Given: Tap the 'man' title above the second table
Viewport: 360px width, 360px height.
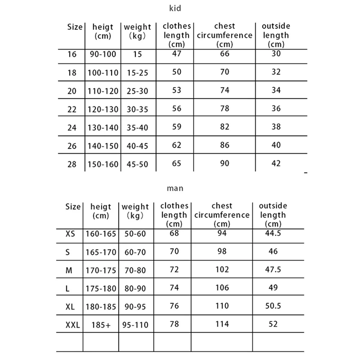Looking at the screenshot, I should click(175, 188).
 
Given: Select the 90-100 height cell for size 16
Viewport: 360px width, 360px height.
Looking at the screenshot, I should click(103, 54).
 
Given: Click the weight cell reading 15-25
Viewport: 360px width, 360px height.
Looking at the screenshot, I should click(138, 73).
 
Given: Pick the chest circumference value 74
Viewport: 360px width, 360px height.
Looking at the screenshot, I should click(225, 90).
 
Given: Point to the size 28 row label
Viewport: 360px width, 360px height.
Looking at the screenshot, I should click(72, 164).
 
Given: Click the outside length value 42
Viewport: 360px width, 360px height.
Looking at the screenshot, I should click(276, 163).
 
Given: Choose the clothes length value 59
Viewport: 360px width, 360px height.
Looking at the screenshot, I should click(176, 127).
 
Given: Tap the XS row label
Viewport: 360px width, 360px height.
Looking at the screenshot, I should click(71, 234).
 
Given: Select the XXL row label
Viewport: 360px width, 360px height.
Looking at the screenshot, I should click(72, 325).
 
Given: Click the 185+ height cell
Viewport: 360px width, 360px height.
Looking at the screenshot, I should click(101, 325).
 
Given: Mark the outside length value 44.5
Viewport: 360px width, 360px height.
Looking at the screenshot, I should click(273, 233).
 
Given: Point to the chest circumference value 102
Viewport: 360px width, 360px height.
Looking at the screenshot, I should click(222, 270).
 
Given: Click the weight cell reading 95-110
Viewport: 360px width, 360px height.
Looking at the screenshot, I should click(135, 325).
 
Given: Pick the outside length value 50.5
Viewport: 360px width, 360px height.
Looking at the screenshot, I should click(273, 306).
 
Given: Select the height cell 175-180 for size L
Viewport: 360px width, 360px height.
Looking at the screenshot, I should click(101, 288).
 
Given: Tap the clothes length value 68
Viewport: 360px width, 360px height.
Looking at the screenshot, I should click(174, 233).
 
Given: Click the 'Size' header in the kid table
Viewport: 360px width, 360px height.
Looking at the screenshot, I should click(75, 27).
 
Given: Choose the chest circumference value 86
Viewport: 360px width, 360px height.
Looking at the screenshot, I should click(225, 145).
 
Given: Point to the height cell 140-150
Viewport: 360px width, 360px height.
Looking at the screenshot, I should click(103, 146).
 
